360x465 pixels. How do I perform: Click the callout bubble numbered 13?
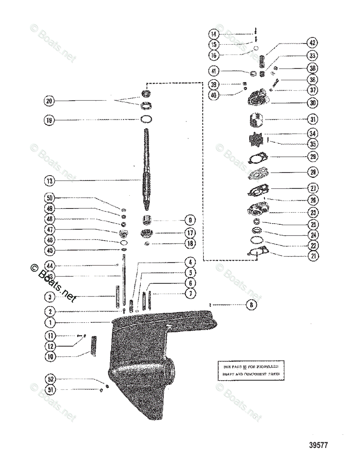[x=50, y=181]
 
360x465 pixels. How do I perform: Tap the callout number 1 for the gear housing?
[x=50, y=322]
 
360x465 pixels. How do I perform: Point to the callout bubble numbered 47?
[x=50, y=230]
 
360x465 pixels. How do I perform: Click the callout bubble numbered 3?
[x=50, y=297]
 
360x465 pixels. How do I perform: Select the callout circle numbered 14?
[x=214, y=34]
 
